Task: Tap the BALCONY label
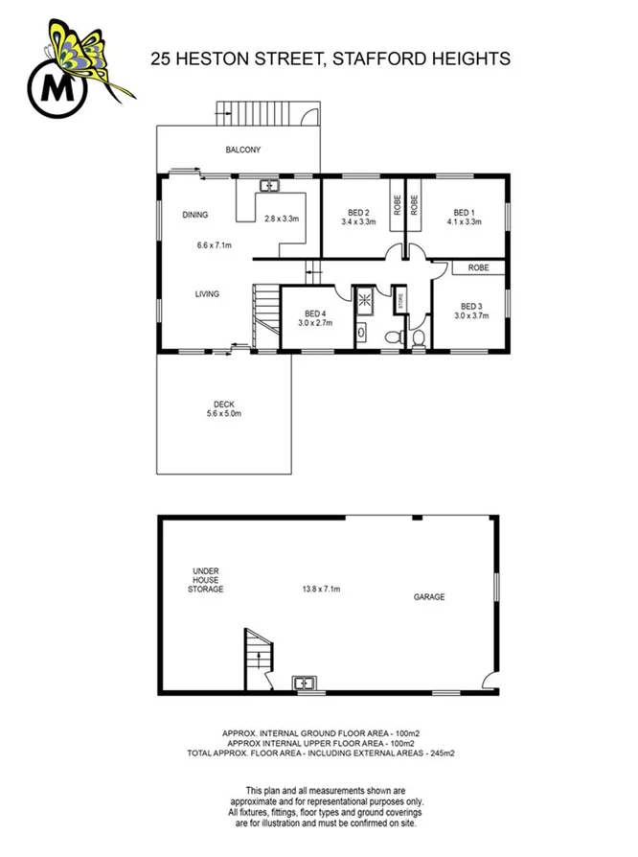(243, 151)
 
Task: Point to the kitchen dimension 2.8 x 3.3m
(282, 220)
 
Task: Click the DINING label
(194, 215)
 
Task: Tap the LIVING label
(207, 294)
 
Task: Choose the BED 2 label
(359, 212)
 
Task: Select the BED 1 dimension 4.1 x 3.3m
(464, 221)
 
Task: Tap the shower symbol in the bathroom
(364, 299)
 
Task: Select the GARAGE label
(428, 596)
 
